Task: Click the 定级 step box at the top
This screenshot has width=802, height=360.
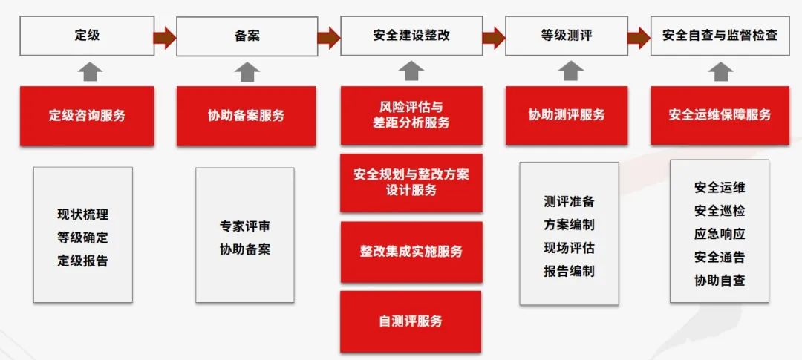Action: pos(87,36)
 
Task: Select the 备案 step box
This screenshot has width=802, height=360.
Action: pos(247,36)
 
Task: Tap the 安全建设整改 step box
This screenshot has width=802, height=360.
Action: pos(411,36)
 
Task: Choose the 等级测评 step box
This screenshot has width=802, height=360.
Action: pos(566,36)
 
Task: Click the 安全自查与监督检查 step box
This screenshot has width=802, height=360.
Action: pos(720,36)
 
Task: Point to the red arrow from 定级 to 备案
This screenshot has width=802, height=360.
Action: pos(165,36)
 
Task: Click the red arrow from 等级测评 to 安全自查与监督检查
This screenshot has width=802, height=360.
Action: pos(639,36)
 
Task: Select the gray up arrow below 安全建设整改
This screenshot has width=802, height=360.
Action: pos(411,71)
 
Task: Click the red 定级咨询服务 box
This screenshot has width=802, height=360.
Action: pos(87,116)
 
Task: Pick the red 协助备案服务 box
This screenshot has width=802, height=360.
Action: pos(246,116)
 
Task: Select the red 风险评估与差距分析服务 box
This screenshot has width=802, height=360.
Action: pos(411,116)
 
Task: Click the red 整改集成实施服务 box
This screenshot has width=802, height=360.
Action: pos(411,252)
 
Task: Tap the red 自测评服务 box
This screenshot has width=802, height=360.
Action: pos(411,321)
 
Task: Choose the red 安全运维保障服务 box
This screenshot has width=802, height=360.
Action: pos(720,115)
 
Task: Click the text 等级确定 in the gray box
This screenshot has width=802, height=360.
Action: pos(82,238)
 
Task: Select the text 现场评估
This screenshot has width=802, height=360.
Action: pos(569,248)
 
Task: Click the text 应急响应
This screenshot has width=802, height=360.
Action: pos(720,234)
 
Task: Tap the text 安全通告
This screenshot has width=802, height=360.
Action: pos(720,257)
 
